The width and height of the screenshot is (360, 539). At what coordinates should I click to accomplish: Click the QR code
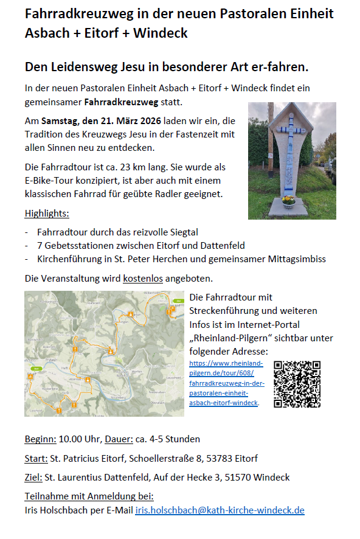pos(297,384)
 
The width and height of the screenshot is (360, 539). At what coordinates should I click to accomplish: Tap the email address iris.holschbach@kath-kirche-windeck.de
pos(220,510)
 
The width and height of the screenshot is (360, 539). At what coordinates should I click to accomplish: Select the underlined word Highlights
pos(47,214)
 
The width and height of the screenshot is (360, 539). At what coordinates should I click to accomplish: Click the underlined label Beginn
pos(40,439)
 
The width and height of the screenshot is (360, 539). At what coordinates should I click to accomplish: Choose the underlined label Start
pos(36,458)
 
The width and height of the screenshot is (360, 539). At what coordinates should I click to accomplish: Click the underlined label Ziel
pos(34,477)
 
